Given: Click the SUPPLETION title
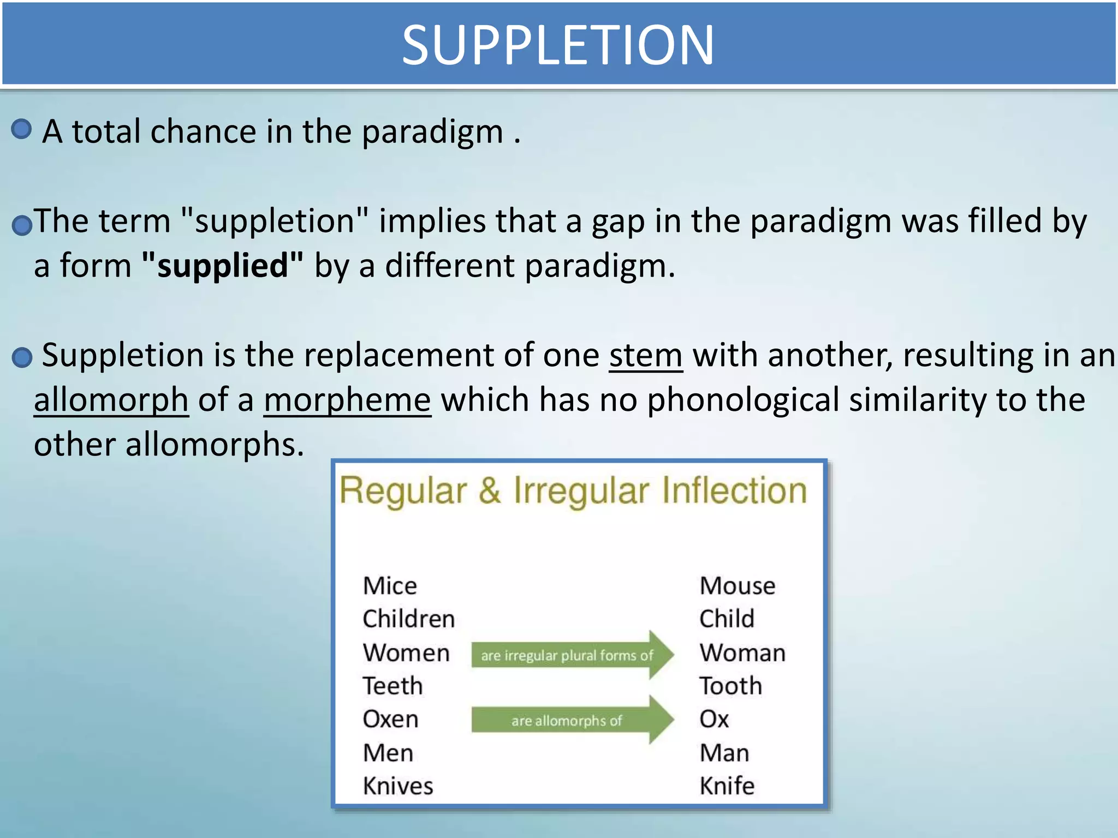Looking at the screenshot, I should [558, 45].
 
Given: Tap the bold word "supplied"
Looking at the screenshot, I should [222, 266].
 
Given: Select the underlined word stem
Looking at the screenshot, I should [646, 356].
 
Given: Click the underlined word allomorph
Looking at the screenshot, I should [111, 400].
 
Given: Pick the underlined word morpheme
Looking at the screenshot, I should [348, 400].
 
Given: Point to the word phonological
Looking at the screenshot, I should [743, 400].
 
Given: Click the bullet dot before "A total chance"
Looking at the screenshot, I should [21, 129].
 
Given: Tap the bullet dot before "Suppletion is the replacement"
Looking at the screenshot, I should [22, 358].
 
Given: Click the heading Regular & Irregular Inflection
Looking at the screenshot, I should [573, 490].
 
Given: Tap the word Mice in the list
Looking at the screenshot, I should [390, 586].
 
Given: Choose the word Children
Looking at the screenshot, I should [408, 619].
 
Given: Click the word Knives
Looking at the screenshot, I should [398, 786].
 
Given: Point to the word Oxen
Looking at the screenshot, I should [390, 719].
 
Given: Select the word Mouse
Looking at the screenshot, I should [737, 586].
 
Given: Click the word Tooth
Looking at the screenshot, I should [730, 686].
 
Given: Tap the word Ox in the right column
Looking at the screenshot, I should [714, 719].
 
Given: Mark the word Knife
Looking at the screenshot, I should [727, 786].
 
